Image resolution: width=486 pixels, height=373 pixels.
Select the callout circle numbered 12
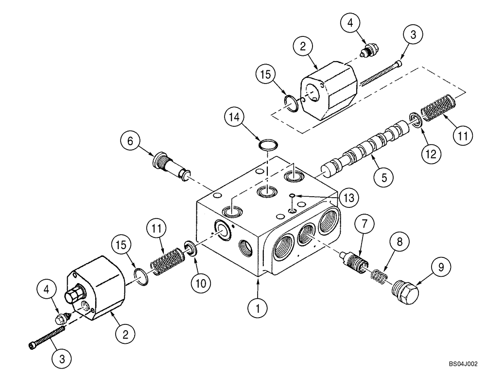(x=430, y=154)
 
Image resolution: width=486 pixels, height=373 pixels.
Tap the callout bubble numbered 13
(x=349, y=198)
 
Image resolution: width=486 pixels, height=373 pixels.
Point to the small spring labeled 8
(x=378, y=275)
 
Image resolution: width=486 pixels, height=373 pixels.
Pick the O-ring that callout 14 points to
(x=268, y=144)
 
